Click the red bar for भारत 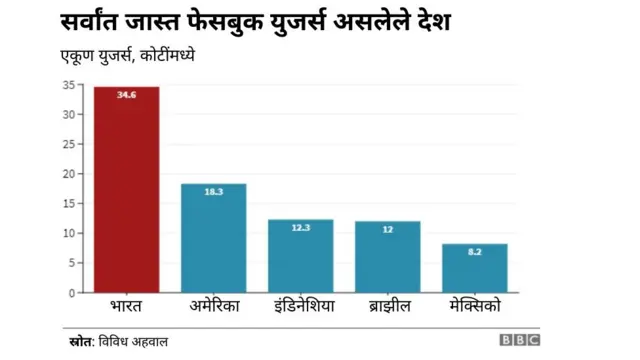[x=126, y=190]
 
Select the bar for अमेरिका [x=213, y=238]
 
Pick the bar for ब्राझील [x=387, y=257]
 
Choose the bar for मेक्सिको [x=474, y=268]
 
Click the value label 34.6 [x=126, y=95]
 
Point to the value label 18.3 [x=213, y=191]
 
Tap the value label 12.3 [x=300, y=227]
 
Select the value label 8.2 [x=474, y=251]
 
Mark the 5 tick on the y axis [x=69, y=263]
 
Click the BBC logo [x=519, y=341]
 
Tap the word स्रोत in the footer [x=74, y=341]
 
